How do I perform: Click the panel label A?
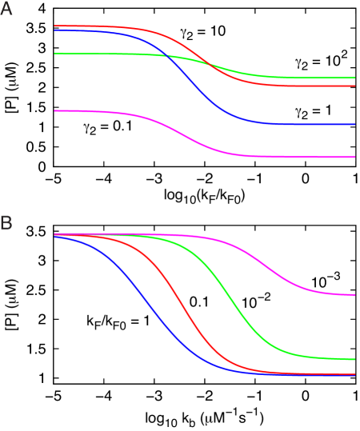[x=6, y=10]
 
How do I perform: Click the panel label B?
[x=6, y=223]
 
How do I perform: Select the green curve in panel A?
[x=96, y=54]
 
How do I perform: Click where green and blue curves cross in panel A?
[x=166, y=55]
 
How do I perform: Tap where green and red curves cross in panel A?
[x=210, y=64]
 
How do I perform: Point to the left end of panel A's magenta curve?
[x=55, y=110]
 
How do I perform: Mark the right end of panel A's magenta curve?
[x=354, y=157]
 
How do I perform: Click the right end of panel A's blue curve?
[x=354, y=124]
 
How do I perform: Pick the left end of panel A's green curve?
[x=55, y=54]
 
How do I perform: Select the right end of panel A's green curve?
[x=354, y=78]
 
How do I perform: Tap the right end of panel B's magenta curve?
[x=354, y=294]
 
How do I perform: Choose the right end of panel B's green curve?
[x=354, y=359]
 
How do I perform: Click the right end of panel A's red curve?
[x=354, y=86]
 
